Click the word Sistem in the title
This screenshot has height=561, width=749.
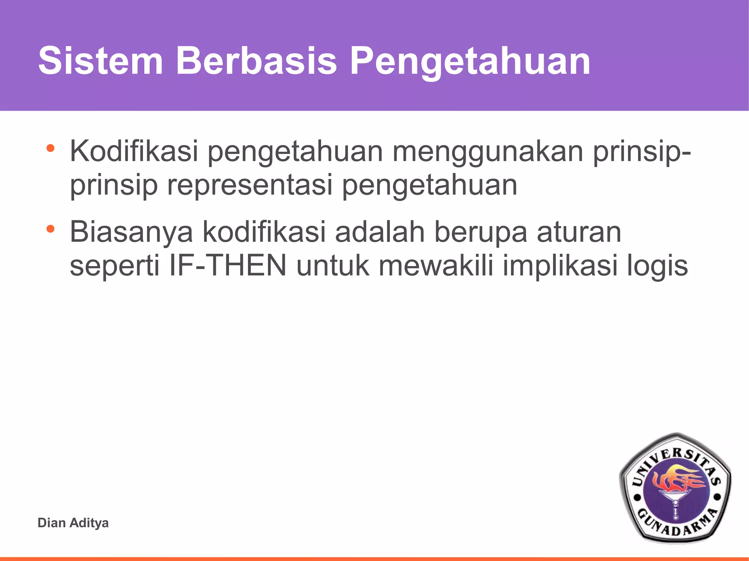click(x=101, y=61)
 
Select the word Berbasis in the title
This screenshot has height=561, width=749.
click(x=256, y=61)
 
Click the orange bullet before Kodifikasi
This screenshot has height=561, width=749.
click(x=50, y=148)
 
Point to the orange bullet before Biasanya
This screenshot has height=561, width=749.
click(x=50, y=229)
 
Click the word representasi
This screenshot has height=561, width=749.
click(x=250, y=185)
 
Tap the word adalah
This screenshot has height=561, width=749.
click(x=380, y=232)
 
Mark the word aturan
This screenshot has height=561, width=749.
click(x=579, y=232)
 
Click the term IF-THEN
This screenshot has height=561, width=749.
click(x=227, y=266)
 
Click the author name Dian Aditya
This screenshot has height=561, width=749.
click(x=73, y=523)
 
